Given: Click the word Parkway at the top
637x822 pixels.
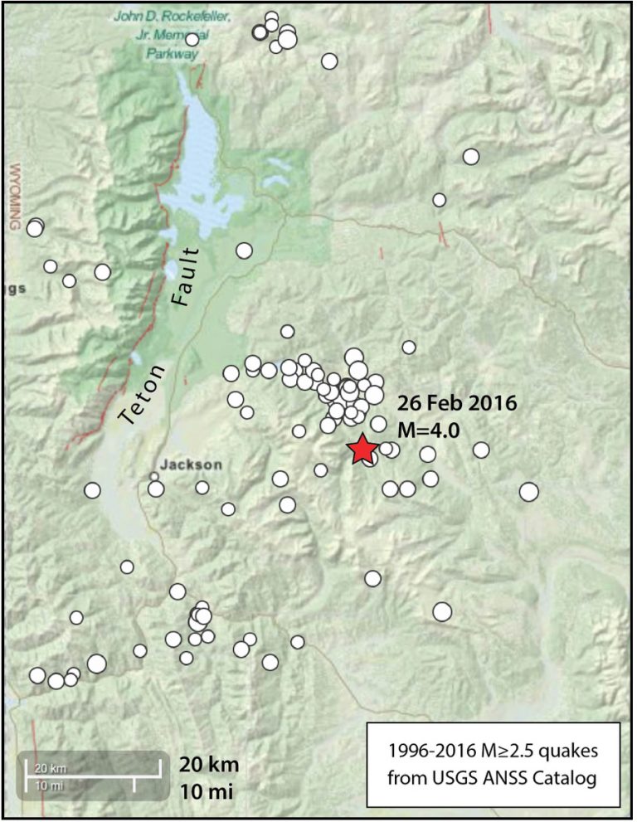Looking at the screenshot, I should pos(173,53).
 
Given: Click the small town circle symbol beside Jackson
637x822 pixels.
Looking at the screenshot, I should pos(153,476).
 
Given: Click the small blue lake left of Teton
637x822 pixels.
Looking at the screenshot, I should pos(135,359).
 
